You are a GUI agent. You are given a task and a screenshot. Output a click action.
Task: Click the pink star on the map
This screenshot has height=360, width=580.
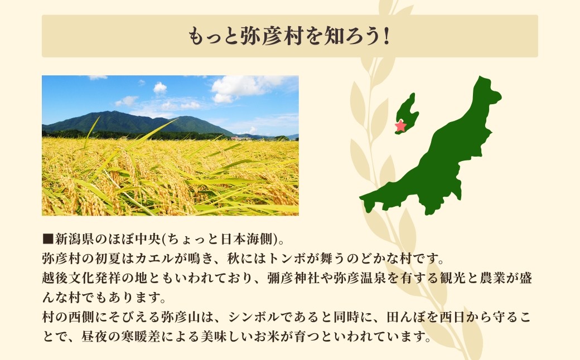click(400, 126)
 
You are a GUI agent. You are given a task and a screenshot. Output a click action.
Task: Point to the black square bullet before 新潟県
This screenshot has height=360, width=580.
click(47, 240)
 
